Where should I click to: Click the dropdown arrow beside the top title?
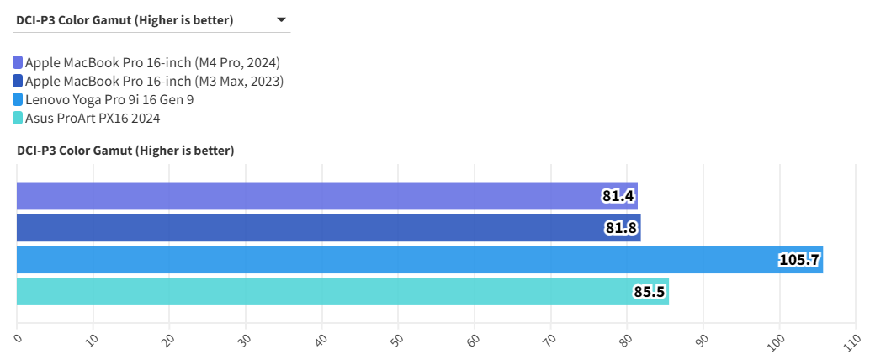281,19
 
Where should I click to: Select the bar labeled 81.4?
326,196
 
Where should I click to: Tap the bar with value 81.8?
328,228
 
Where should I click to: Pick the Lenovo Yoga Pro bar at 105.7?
419,260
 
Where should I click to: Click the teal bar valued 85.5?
342,292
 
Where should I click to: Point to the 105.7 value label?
799,260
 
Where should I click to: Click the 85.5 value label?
650,292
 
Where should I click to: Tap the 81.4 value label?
618,197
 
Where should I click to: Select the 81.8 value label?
621,228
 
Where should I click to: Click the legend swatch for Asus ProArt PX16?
19,119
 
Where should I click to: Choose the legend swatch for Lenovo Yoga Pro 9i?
19,100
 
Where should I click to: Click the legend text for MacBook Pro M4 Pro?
152,62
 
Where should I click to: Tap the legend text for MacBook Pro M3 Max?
154,82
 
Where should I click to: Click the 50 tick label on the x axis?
397,340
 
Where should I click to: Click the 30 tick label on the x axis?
245,340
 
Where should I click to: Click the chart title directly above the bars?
125,151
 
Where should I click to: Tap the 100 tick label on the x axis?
777,341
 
